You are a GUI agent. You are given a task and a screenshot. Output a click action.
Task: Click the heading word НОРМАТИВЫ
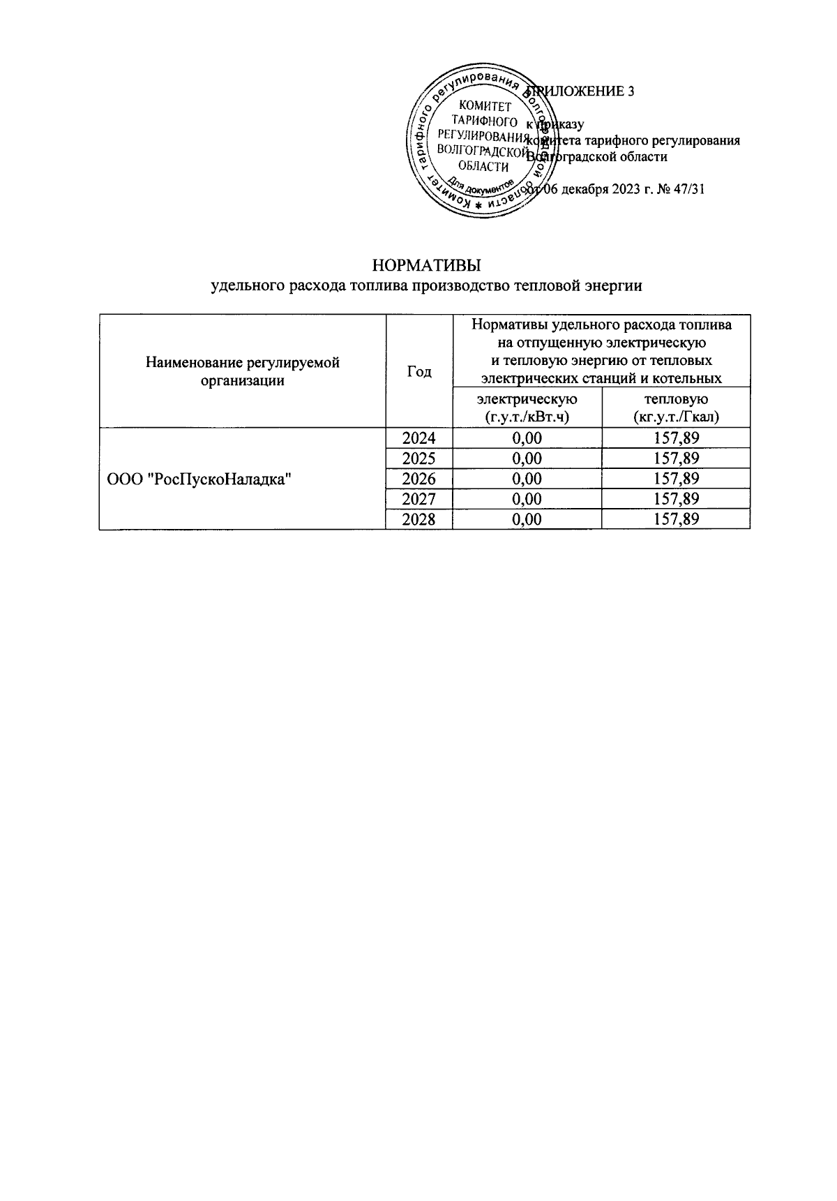427,266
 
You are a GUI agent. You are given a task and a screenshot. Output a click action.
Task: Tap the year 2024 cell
418,438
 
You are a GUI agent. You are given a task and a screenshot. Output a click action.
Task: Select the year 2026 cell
418,479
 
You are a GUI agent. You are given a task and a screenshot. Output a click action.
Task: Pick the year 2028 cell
418,519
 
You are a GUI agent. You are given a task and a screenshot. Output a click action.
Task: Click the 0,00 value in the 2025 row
527,458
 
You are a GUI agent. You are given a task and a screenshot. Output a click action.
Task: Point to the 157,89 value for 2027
675,499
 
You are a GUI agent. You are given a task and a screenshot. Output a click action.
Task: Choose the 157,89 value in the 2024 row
675,438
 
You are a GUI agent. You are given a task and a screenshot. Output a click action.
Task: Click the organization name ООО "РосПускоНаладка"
198,479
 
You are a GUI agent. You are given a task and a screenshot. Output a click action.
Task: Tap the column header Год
418,372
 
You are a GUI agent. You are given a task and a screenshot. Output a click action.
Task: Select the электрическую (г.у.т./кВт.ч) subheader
527,408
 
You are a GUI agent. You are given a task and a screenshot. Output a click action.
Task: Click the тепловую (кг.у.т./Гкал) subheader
675,408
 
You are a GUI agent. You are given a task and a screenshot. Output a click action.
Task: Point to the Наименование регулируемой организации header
242,372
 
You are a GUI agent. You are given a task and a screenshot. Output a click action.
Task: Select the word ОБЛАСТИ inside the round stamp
483,166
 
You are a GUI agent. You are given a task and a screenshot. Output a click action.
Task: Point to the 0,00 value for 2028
527,519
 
